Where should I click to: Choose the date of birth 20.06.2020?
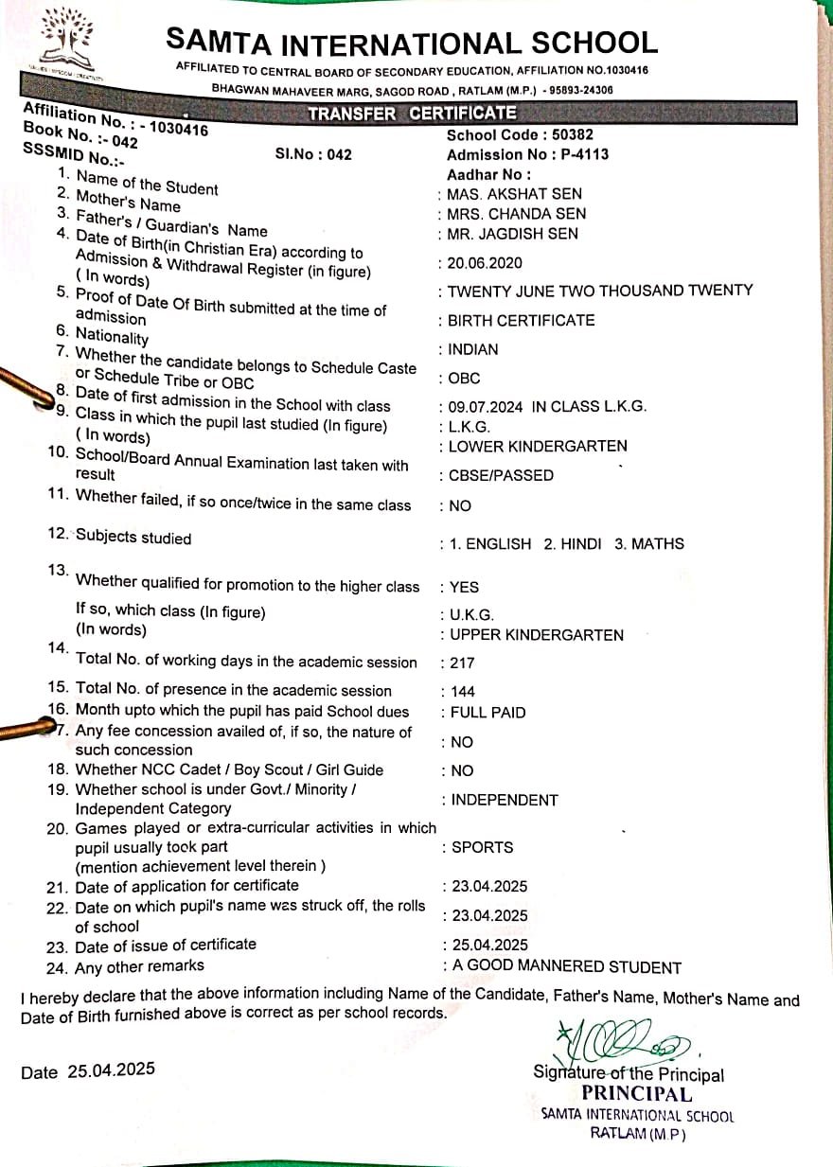pos(487,263)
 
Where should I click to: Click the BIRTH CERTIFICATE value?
pos(521,320)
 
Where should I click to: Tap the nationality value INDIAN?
pos(473,349)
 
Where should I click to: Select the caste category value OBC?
pos(464,379)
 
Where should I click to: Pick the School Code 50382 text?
pos(520,135)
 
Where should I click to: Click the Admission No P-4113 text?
pos(527,154)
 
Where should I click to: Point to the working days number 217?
pos(463,663)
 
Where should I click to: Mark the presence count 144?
pos(463,691)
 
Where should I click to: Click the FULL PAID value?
pos(487,713)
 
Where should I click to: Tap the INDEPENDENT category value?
pos(505,800)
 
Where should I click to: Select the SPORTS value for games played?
pos(482,847)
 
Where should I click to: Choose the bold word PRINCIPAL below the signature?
pos(636,1094)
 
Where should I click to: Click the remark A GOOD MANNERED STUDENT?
pos(566,967)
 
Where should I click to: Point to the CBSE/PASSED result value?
pos(502,476)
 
